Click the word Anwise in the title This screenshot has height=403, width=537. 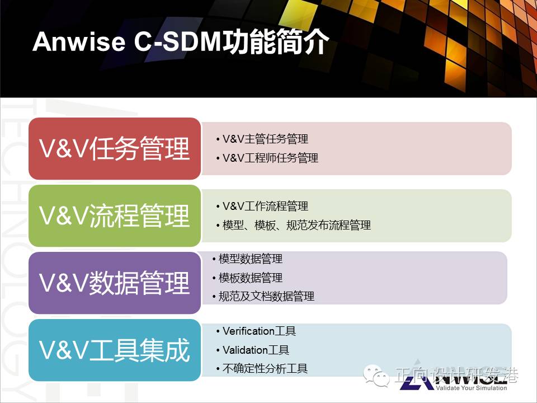pyautogui.click(x=79, y=42)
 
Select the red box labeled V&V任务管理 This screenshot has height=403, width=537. pyautogui.click(x=115, y=148)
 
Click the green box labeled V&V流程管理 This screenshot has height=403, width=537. pyautogui.click(x=115, y=215)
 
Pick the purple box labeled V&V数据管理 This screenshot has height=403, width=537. pyautogui.click(x=115, y=283)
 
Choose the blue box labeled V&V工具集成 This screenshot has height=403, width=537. pyautogui.click(x=115, y=350)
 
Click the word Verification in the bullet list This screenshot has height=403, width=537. pyautogui.click(x=248, y=331)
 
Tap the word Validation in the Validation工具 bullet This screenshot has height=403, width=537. pyautogui.click(x=245, y=350)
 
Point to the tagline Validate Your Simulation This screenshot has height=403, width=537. pyautogui.click(x=471, y=388)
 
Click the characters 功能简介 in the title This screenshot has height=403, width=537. pyautogui.click(x=276, y=42)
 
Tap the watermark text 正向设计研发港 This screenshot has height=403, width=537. pyautogui.click(x=457, y=375)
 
